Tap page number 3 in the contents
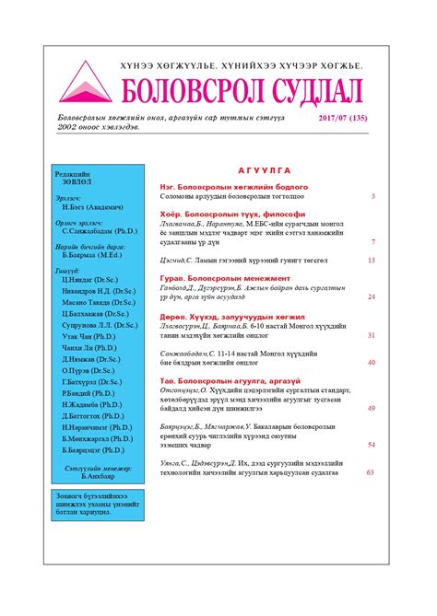pyautogui.click(x=372, y=196)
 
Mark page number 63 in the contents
pyautogui.click(x=370, y=471)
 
